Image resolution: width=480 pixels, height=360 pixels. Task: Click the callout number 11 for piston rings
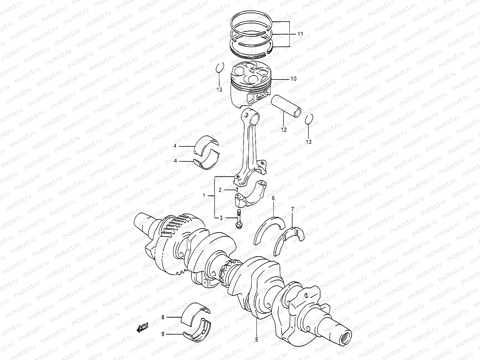point(300,34)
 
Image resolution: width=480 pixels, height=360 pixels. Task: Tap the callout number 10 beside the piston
point(293,79)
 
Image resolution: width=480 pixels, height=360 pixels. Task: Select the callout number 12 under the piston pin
point(283,130)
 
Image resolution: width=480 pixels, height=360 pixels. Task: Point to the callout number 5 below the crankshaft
point(256,340)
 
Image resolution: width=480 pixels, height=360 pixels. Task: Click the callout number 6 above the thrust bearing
point(273,198)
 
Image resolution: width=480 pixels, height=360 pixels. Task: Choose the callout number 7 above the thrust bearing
point(292,208)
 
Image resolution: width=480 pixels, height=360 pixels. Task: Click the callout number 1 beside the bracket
point(204,196)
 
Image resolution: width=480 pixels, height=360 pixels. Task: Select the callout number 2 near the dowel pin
point(220,190)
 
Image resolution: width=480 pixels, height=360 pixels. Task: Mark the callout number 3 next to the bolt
point(221,218)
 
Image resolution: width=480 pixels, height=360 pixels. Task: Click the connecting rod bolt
point(239,221)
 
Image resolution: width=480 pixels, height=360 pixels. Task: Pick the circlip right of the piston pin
point(309,119)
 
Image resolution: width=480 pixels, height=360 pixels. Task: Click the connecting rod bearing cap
point(250,195)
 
